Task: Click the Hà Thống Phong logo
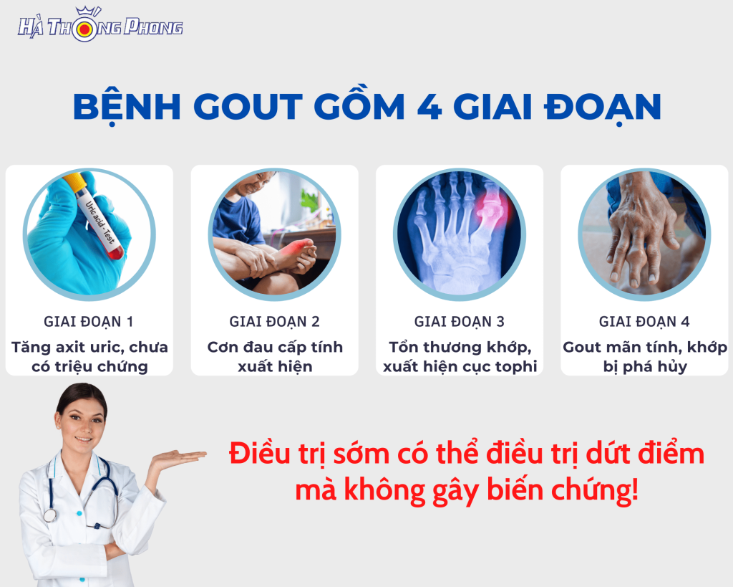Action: [x=100, y=25]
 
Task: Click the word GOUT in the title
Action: [x=248, y=106]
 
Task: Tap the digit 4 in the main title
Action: [x=429, y=106]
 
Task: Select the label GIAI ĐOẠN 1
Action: [x=89, y=322]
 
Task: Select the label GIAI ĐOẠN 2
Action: [x=274, y=322]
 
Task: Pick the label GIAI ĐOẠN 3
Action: [x=459, y=322]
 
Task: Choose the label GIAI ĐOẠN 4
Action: [x=644, y=322]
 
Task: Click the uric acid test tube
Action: [x=96, y=214]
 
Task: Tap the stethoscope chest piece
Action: [x=49, y=515]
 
